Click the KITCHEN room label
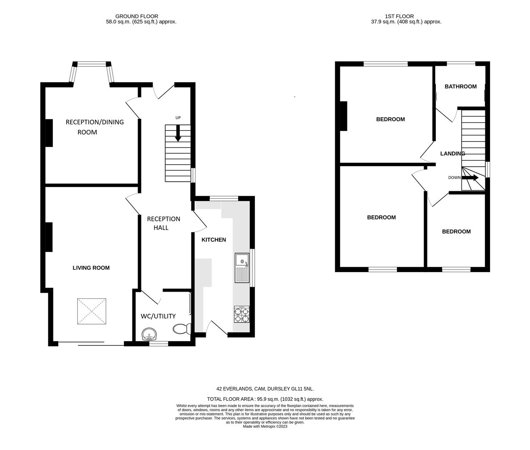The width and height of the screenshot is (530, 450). pos(214,240)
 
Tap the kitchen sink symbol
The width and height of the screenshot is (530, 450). pos(242,267)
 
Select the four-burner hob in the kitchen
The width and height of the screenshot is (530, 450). pos(242,314)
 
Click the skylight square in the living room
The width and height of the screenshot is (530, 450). pos(92,311)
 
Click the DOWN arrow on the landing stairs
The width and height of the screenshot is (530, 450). pos(470,177)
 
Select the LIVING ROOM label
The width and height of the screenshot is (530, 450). pos(91,267)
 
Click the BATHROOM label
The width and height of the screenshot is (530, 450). pos(460,87)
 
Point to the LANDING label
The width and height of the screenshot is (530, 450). pos(452,153)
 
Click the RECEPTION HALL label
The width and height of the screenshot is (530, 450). pos(163,223)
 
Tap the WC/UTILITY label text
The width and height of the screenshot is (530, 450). pos(158,316)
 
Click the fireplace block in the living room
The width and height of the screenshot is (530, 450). pos(48,237)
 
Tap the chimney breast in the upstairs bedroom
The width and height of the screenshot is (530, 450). pos(344,116)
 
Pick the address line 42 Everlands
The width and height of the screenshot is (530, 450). pos(265,389)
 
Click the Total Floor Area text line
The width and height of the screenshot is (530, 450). pos(265,399)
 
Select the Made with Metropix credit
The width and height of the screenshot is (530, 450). pos(265,426)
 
